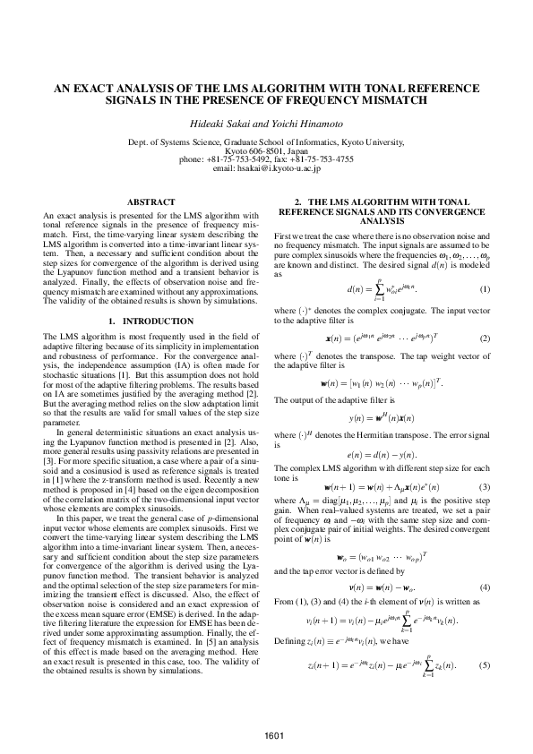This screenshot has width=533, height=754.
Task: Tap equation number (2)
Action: point(485,338)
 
